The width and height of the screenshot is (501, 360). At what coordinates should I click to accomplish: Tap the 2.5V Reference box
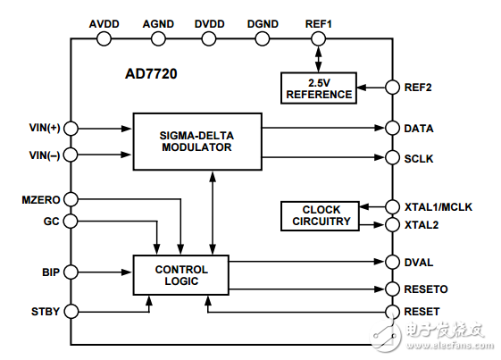[x=318, y=88]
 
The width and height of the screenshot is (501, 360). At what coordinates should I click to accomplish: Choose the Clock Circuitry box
[x=321, y=215]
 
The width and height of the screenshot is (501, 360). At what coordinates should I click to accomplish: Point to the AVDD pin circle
[x=105, y=39]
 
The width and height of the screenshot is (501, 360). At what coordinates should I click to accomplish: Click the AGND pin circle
[x=158, y=39]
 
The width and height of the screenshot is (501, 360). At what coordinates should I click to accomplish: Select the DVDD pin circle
[x=210, y=39]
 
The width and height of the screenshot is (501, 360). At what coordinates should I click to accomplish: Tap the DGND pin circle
[x=263, y=39]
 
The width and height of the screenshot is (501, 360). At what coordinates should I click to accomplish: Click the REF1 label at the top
[x=318, y=22]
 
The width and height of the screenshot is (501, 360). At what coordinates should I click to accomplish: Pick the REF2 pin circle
[x=390, y=88]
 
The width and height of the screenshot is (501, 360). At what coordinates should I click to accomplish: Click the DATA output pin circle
[x=390, y=128]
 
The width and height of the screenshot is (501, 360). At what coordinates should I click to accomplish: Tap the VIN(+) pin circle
[x=71, y=128]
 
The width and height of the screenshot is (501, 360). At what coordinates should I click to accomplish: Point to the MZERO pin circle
[x=71, y=198]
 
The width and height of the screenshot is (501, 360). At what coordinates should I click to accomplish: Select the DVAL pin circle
[x=390, y=262]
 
